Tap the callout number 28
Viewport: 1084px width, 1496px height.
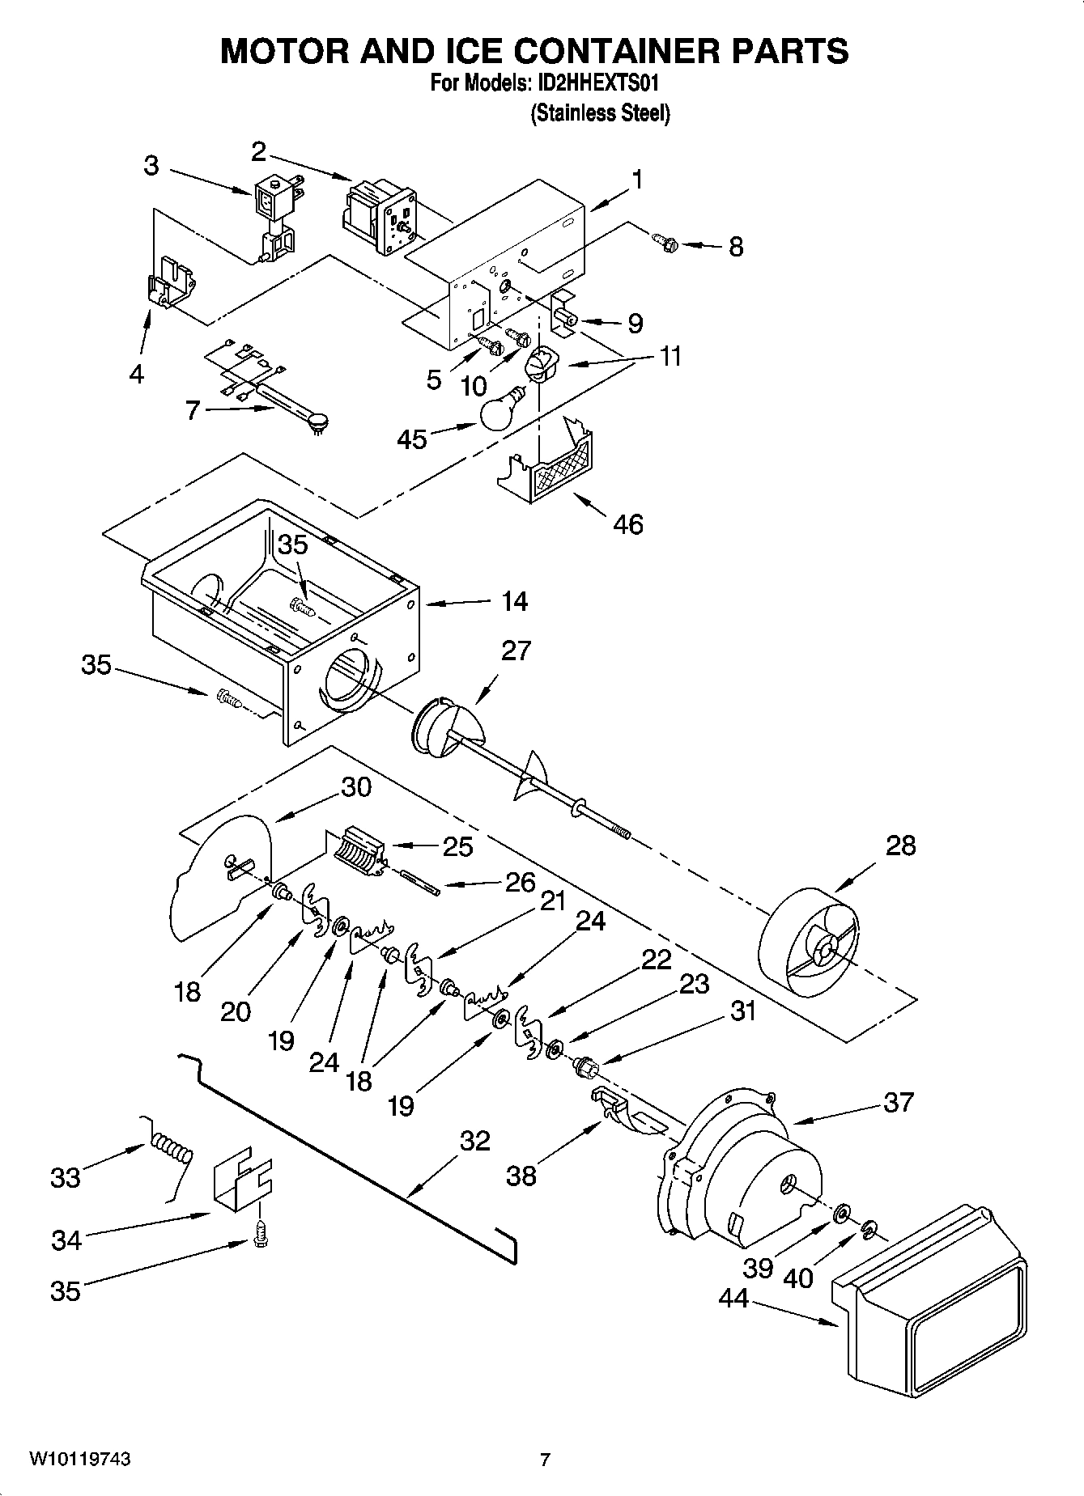pyautogui.click(x=900, y=845)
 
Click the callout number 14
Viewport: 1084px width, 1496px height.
pyautogui.click(x=514, y=601)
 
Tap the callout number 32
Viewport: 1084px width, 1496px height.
pyautogui.click(x=474, y=1141)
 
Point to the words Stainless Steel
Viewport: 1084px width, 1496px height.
pyautogui.click(x=600, y=114)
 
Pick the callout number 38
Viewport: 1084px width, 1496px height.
pyautogui.click(x=521, y=1176)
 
